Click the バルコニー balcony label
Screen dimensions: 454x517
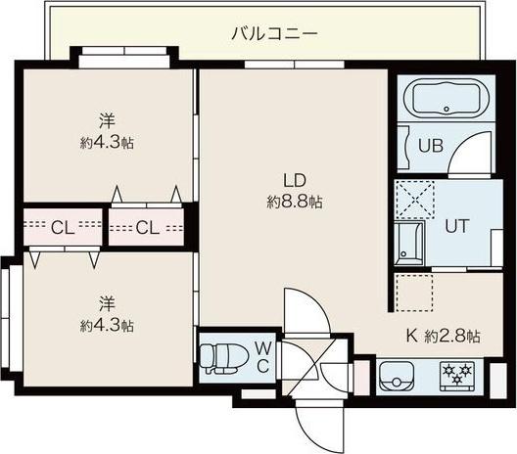[273, 33]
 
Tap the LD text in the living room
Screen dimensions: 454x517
[295, 180]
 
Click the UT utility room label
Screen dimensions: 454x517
[457, 224]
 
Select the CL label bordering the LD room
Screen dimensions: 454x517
[148, 229]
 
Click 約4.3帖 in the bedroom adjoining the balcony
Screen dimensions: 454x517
[107, 143]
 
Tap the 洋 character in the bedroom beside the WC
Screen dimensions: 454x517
[107, 303]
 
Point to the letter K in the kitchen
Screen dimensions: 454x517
[412, 335]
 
